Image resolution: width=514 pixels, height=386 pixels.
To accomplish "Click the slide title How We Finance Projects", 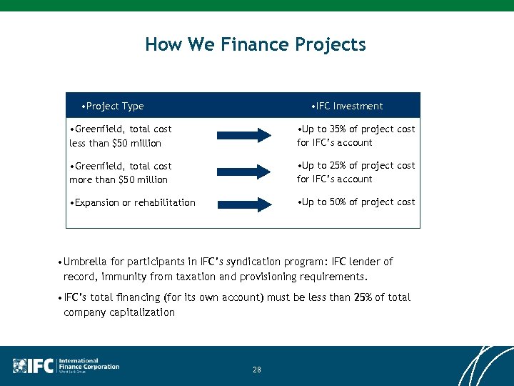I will pyautogui.click(x=256, y=44).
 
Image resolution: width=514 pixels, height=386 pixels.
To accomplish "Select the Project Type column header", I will pyautogui.click(x=113, y=106).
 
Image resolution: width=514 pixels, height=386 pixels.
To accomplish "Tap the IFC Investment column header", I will pyautogui.click(x=347, y=106).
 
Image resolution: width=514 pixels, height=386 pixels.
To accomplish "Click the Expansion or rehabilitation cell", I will pyautogui.click(x=133, y=202).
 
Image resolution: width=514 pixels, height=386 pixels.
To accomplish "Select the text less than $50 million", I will pyautogui.click(x=116, y=143).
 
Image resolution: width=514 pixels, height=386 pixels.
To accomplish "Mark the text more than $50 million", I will pyautogui.click(x=119, y=179).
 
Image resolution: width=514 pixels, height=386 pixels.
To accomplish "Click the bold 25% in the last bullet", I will pyautogui.click(x=363, y=297).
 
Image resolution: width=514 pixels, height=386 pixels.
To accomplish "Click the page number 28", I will pyautogui.click(x=257, y=370).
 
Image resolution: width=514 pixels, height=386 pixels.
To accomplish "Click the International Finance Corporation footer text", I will pyautogui.click(x=89, y=365).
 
